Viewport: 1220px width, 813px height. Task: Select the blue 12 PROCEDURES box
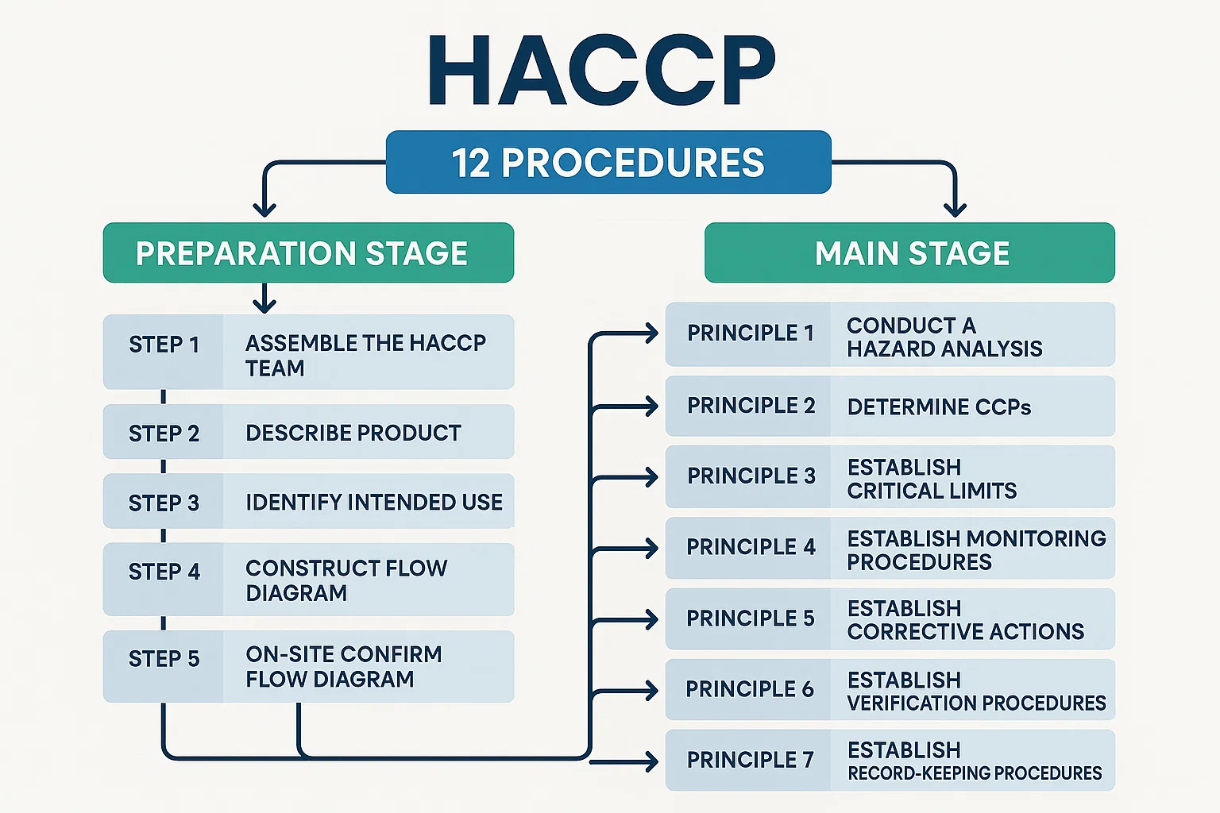(608, 163)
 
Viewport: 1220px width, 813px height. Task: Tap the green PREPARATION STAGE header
(308, 253)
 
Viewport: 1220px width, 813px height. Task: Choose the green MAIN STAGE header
(910, 253)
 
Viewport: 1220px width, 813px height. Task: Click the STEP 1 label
(164, 345)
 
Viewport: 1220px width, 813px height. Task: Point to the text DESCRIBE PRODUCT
(353, 433)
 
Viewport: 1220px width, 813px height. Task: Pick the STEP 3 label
(164, 503)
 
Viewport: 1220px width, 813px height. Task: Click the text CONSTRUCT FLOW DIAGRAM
(346, 580)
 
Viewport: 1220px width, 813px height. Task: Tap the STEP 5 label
(164, 659)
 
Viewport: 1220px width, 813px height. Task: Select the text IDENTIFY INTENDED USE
(374, 503)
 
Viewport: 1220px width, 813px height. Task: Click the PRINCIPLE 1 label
(751, 333)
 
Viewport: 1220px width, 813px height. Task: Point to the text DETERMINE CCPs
(939, 408)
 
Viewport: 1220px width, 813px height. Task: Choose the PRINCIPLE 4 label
(751, 547)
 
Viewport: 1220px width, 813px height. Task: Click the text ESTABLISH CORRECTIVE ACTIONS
(965, 620)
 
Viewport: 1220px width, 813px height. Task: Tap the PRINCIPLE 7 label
(751, 761)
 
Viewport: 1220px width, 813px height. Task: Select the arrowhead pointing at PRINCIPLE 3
(651, 477)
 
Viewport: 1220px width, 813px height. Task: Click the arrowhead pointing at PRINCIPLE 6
(651, 690)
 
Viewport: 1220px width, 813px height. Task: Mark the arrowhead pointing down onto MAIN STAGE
(955, 210)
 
